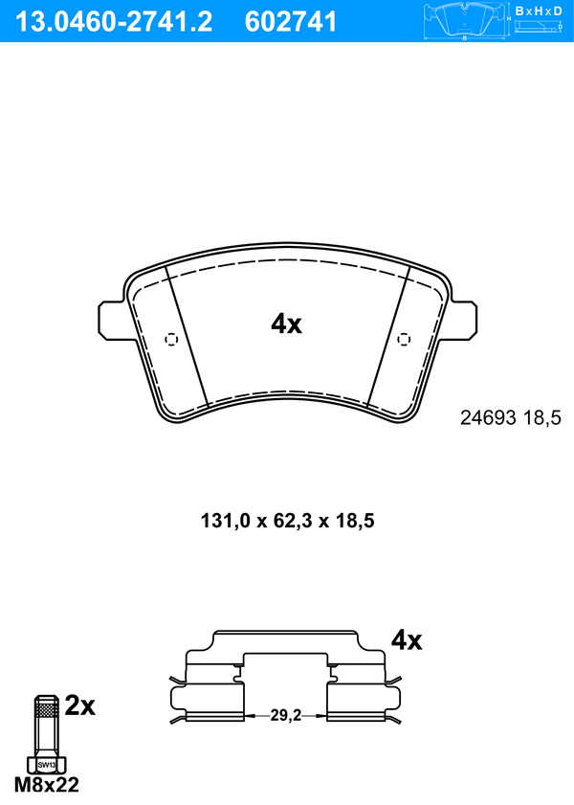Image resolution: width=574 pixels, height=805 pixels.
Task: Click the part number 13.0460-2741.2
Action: [x=114, y=22]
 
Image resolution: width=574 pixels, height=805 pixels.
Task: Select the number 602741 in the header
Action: [x=291, y=22]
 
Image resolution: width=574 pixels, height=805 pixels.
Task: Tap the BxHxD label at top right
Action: [x=539, y=11]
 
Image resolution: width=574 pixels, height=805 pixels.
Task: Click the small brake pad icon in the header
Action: [x=465, y=20]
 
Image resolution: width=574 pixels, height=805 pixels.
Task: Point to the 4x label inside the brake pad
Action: [x=287, y=324]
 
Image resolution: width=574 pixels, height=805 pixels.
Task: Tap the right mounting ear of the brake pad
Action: [x=463, y=321]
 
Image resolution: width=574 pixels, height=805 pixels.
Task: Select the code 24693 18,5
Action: [x=511, y=418]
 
